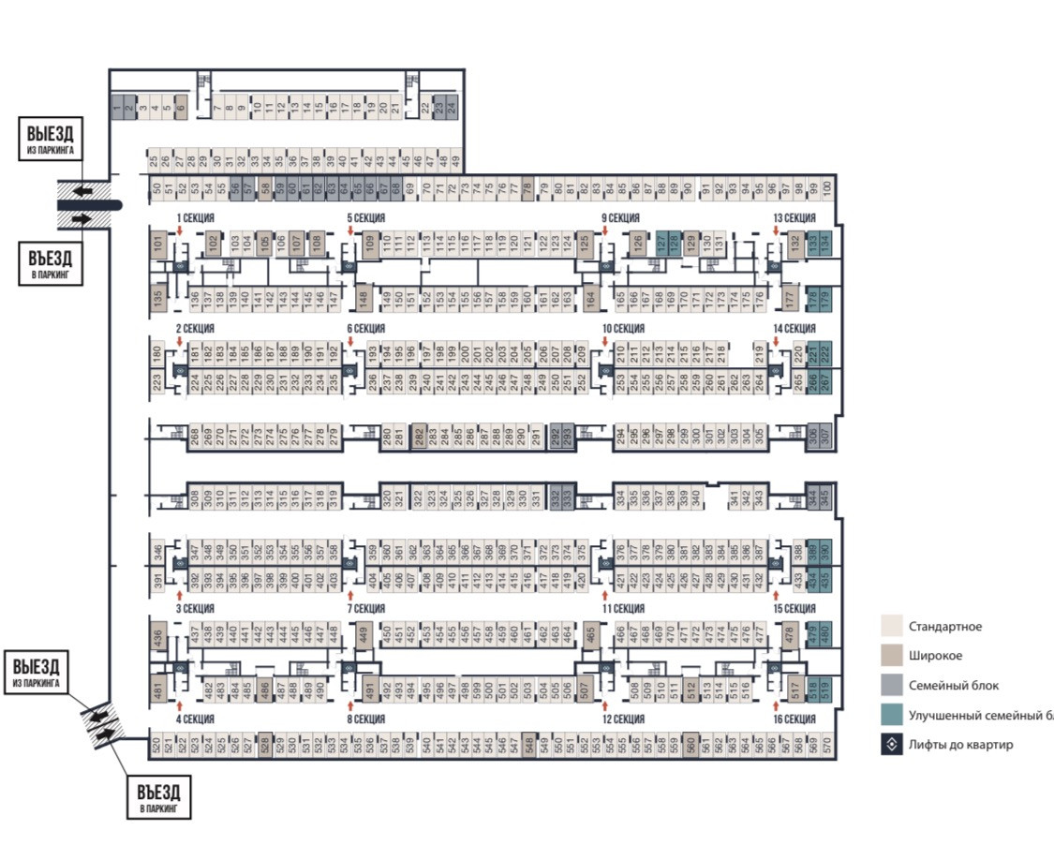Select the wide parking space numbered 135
pos(158,299)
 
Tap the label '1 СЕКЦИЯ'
pos(197,218)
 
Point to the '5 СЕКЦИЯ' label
pos(366,218)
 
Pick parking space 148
pos(364,299)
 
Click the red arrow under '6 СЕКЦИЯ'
pos(350,343)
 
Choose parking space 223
pos(157,381)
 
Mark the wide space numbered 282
pos(419,437)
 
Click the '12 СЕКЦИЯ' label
pos(623,719)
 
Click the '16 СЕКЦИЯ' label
pos(794,719)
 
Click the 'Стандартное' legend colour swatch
pos(892,627)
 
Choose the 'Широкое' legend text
pos(935,656)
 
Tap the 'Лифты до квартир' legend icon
pos(892,745)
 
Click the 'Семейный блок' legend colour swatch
pos(892,686)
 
